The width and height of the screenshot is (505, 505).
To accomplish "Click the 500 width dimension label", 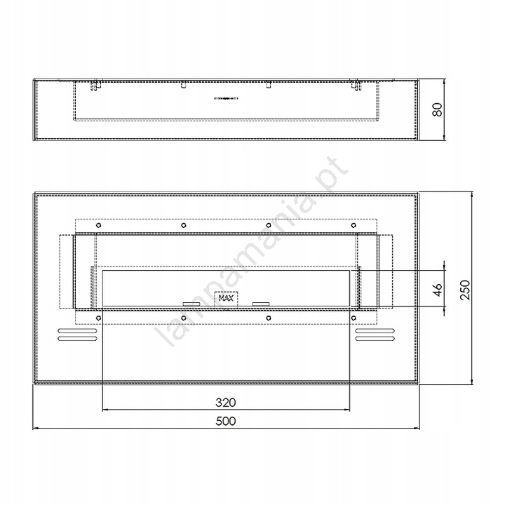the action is pyautogui.click(x=226, y=421).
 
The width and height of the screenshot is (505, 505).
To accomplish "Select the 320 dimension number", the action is pyautogui.click(x=226, y=403).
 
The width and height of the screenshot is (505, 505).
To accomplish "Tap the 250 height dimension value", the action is pyautogui.click(x=465, y=290).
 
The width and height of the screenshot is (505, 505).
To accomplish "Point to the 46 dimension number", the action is pyautogui.click(x=437, y=290).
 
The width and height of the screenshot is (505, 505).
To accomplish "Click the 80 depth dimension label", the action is pyautogui.click(x=437, y=109).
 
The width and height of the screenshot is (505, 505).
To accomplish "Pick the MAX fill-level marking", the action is pyautogui.click(x=226, y=298).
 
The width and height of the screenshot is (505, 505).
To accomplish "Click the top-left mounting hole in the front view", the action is pyautogui.click(x=99, y=225).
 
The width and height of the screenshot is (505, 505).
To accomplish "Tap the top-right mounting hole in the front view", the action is pyautogui.click(x=353, y=225).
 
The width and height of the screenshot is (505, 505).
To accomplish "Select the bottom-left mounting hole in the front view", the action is pyautogui.click(x=99, y=318).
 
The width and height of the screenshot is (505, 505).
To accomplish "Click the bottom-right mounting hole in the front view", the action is pyautogui.click(x=353, y=318).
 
